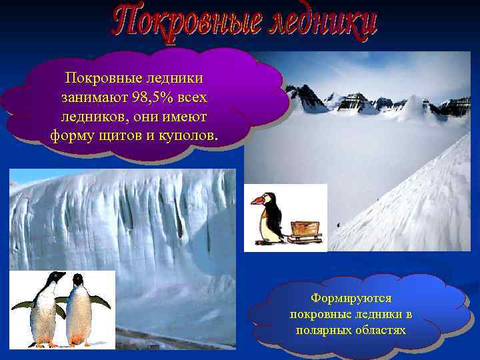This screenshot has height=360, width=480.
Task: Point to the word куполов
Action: pos(185,135)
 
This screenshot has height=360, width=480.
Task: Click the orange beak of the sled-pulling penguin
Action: pos(257,199)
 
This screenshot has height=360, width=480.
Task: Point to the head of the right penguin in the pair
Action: pos(78,279)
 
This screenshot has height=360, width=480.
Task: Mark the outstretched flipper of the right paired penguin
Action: pos(101,302)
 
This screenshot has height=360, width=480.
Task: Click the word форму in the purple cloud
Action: pos(69,135)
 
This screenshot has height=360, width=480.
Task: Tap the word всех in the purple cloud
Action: pos(193,98)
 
